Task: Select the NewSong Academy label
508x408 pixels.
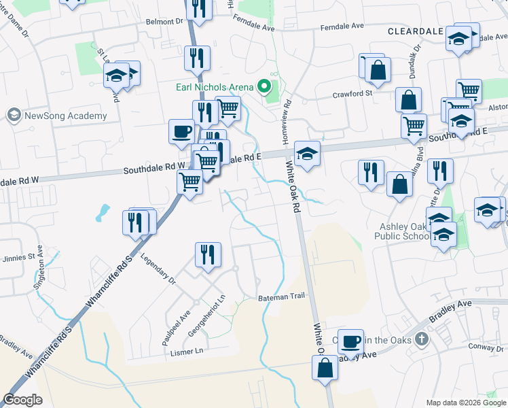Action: (66, 116)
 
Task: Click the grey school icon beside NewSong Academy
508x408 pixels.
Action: (14, 115)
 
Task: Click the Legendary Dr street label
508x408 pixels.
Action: (158, 269)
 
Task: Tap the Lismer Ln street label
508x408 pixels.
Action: (187, 352)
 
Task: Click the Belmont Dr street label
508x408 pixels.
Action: (165, 22)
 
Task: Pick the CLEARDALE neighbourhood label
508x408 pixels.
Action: (415, 31)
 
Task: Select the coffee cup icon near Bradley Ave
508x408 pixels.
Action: (350, 341)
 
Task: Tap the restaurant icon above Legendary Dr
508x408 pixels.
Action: (208, 254)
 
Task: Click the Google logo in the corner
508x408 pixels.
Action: (22, 400)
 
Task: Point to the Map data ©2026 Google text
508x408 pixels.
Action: (465, 403)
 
